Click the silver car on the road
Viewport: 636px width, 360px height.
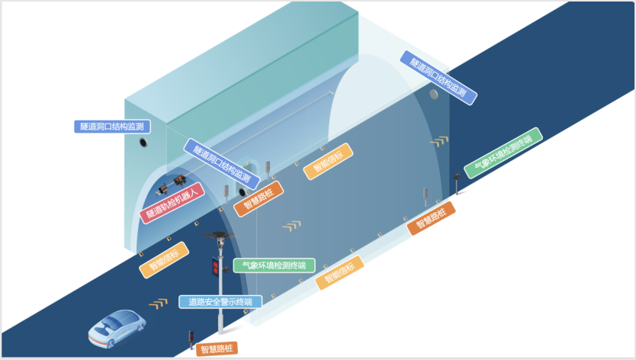(x=117, y=326)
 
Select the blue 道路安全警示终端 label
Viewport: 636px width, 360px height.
(x=220, y=301)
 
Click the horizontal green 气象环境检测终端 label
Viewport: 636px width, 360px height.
(x=273, y=266)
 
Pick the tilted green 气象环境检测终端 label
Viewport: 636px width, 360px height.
(x=503, y=153)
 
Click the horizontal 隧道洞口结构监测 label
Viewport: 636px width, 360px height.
(x=111, y=126)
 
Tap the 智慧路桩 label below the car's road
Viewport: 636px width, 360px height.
(x=217, y=349)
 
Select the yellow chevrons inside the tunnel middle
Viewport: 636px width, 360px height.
(x=291, y=226)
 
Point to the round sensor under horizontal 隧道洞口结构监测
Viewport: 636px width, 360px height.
(x=143, y=143)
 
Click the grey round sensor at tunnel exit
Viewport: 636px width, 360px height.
(x=433, y=95)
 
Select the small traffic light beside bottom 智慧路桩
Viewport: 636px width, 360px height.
(x=191, y=339)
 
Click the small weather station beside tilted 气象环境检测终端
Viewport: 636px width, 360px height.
(x=457, y=184)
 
